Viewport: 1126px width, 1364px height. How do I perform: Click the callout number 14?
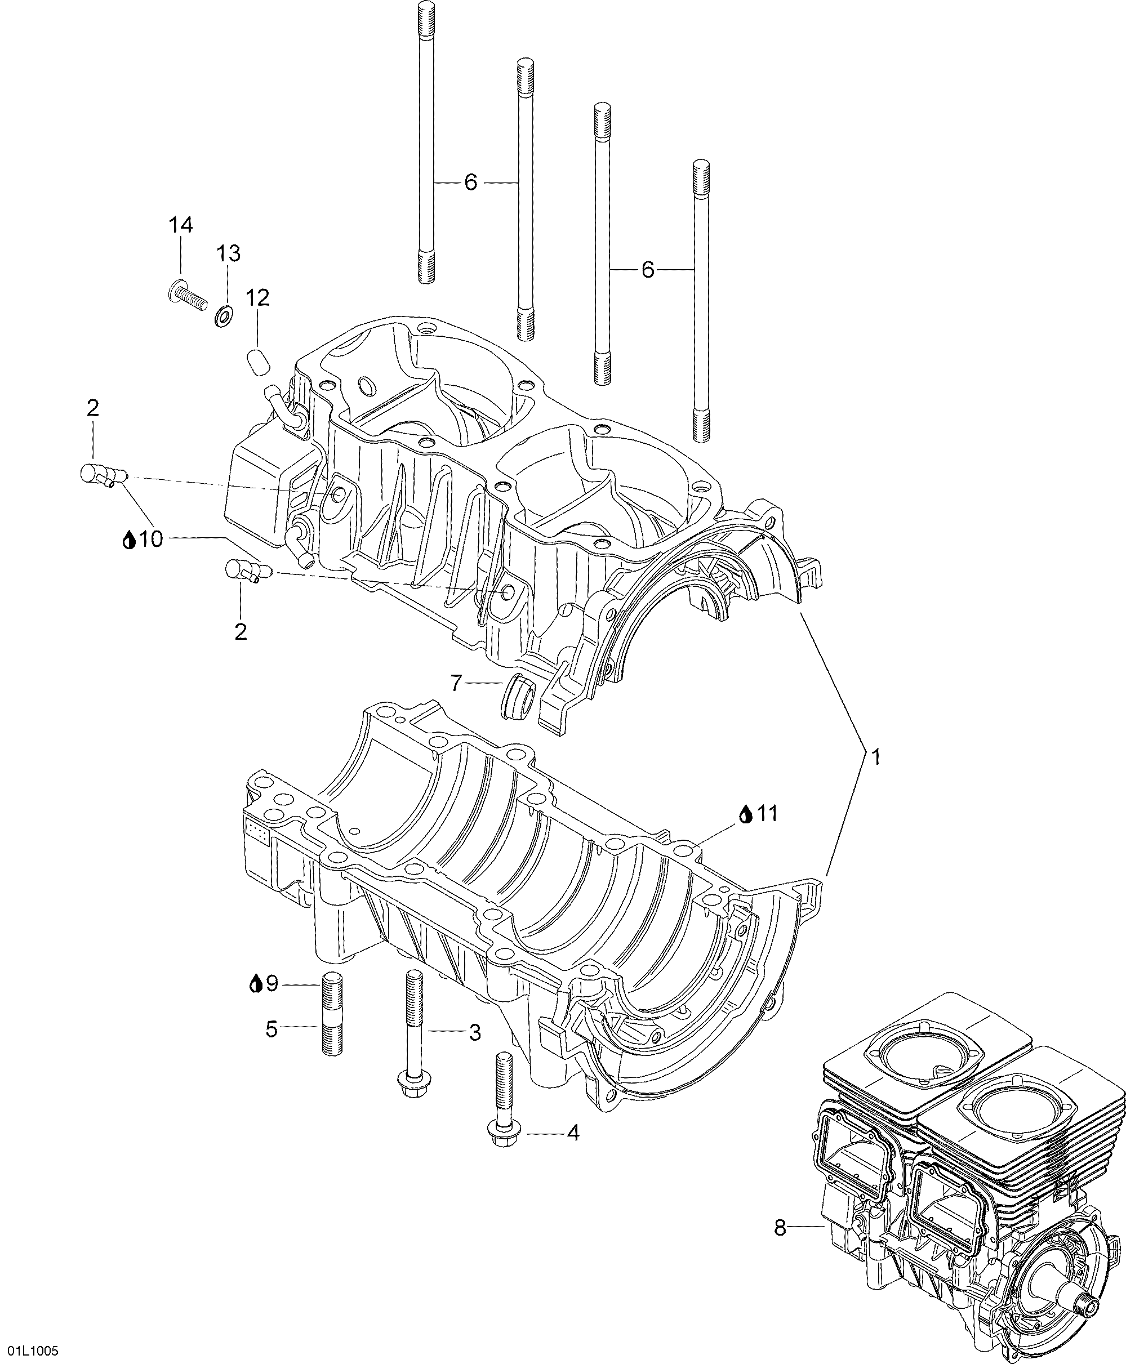tap(181, 225)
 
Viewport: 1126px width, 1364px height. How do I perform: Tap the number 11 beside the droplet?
tap(767, 813)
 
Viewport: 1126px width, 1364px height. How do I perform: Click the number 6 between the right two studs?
tap(647, 270)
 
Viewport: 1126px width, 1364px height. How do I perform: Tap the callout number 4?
tap(573, 1133)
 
